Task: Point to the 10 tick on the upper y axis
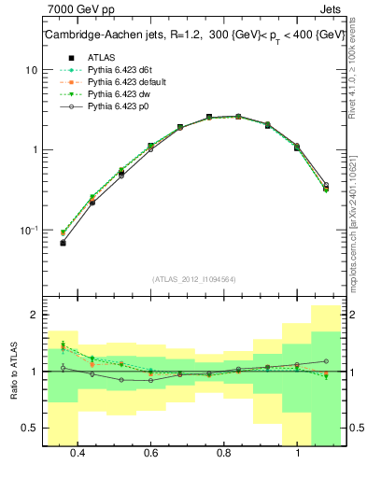tap(32, 71)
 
